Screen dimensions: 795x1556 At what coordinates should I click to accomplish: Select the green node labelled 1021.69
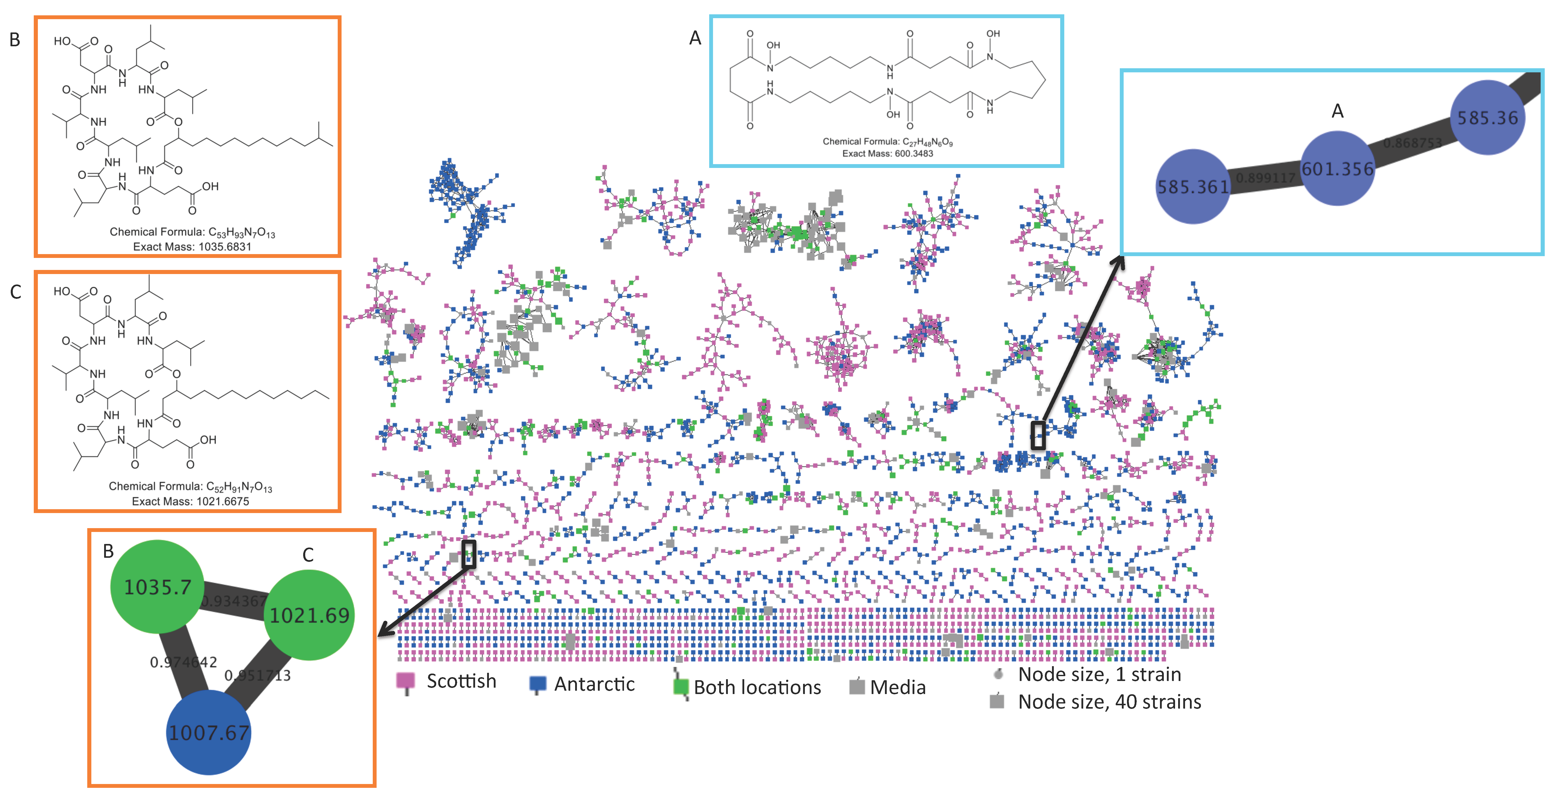pos(309,615)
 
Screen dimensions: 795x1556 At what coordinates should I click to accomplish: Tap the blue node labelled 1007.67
pos(209,732)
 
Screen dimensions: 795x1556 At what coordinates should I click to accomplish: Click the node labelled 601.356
pos(1337,169)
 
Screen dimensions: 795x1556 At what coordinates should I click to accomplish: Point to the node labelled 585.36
pos(1487,118)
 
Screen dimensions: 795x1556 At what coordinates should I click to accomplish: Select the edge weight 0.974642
pos(183,662)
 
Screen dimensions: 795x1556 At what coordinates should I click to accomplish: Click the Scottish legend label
pos(462,681)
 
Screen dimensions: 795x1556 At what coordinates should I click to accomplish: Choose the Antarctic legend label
pos(594,684)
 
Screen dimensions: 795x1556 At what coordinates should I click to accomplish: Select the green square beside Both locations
pos(681,687)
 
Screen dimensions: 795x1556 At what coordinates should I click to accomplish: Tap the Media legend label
pos(897,687)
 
